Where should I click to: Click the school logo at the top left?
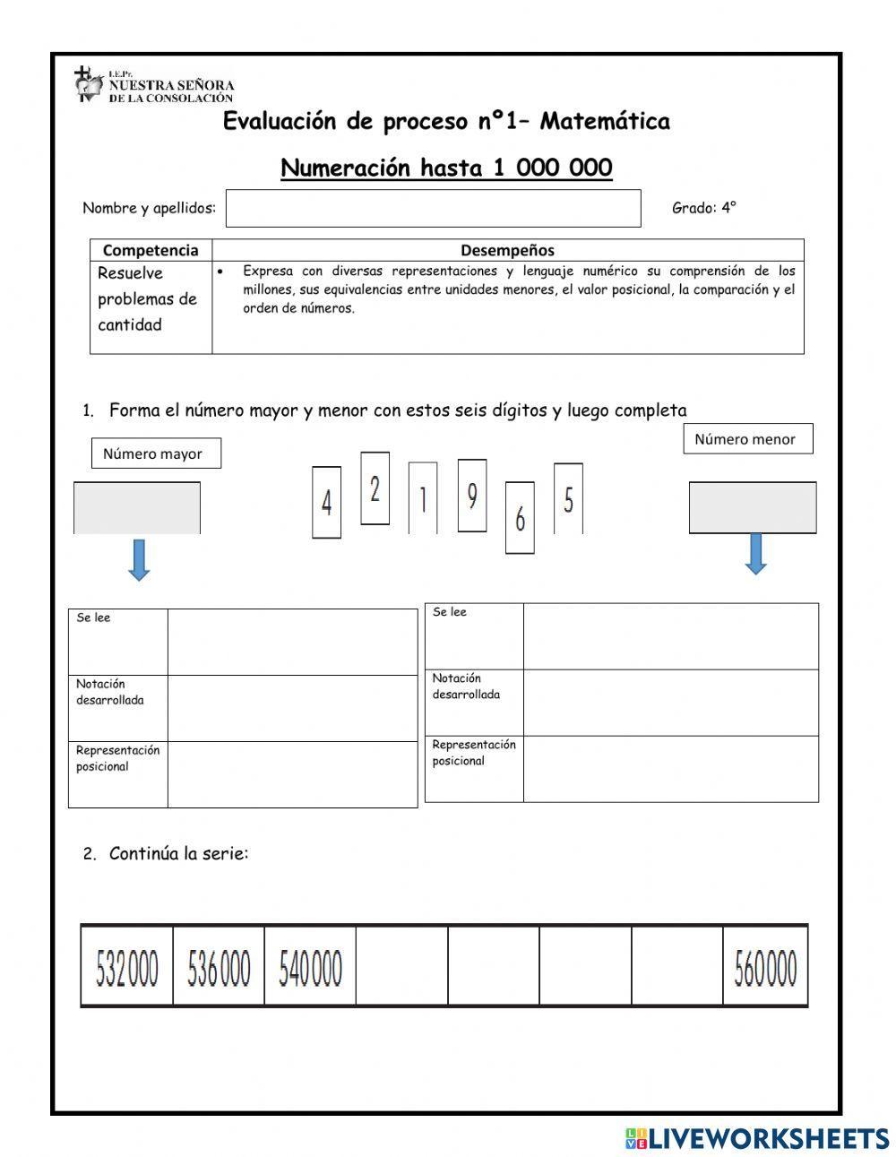click(x=88, y=84)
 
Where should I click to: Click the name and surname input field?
click(x=433, y=208)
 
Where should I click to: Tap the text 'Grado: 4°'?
click(x=703, y=208)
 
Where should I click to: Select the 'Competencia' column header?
click(x=151, y=250)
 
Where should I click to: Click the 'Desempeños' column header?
click(x=507, y=250)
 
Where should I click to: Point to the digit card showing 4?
click(x=326, y=502)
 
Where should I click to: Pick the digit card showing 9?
click(x=472, y=495)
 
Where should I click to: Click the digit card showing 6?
click(x=520, y=518)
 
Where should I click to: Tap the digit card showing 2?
click(x=375, y=488)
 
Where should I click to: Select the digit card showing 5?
click(x=568, y=498)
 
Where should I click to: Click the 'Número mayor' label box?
click(x=156, y=453)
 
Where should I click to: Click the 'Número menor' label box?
click(x=747, y=439)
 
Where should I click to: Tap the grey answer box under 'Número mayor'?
click(x=137, y=508)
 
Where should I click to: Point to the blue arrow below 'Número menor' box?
click(x=755, y=553)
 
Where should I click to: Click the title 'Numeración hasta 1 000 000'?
click(x=446, y=168)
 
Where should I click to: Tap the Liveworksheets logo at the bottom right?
click(x=757, y=1137)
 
